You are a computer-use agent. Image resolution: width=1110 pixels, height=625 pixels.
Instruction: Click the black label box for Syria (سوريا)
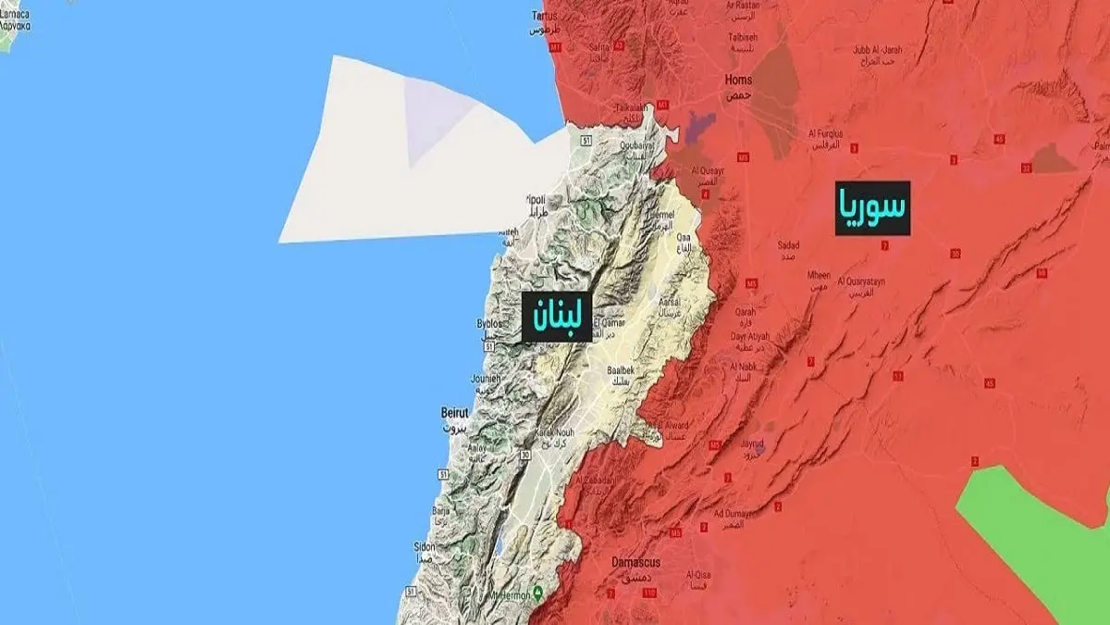pyautogui.click(x=872, y=207)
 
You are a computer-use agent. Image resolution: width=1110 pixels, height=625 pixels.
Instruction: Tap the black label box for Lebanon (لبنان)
pyautogui.click(x=556, y=316)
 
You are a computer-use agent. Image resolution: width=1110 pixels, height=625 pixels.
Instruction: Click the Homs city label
pyautogui.click(x=738, y=85)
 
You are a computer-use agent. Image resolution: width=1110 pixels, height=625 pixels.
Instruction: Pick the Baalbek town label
pyautogui.click(x=620, y=374)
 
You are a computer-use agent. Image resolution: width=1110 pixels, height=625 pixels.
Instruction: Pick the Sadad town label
pyautogui.click(x=788, y=250)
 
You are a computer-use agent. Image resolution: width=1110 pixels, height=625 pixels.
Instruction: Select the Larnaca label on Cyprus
pyautogui.click(x=16, y=21)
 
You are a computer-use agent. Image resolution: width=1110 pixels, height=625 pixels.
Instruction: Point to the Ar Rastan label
pyautogui.click(x=747, y=8)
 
